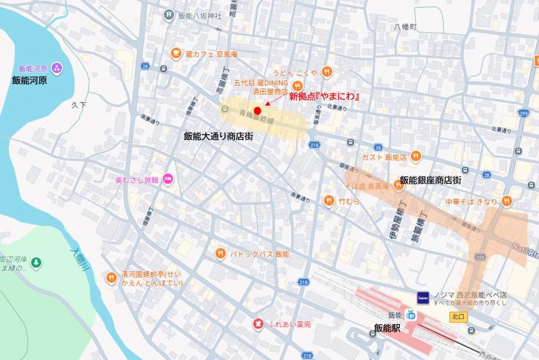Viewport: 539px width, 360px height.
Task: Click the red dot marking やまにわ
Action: [x=257, y=111]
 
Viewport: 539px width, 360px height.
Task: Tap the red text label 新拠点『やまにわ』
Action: [x=326, y=97]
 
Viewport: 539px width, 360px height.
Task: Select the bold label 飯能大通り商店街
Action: [x=219, y=136]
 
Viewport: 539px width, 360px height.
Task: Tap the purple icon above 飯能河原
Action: [x=58, y=68]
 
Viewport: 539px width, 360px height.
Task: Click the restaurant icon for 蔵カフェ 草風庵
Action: [x=176, y=52]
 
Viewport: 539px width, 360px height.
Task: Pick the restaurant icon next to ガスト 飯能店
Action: [x=414, y=156]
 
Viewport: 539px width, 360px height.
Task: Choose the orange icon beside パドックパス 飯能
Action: [x=220, y=254]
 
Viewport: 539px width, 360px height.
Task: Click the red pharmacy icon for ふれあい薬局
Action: [x=257, y=324]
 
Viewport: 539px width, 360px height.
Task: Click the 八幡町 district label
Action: [x=404, y=27]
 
